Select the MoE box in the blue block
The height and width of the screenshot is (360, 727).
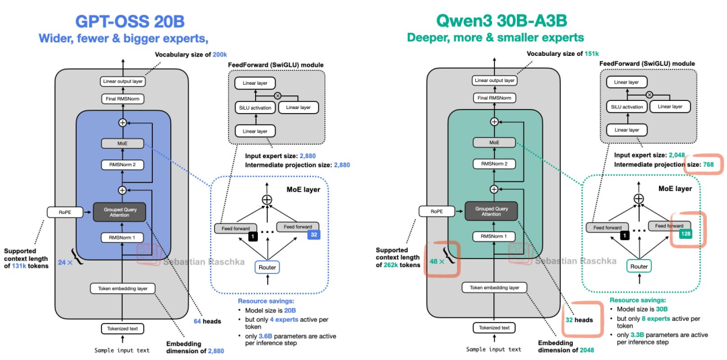pos(122,143)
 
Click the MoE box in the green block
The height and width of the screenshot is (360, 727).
pos(494,143)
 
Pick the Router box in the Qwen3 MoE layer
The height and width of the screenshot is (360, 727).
pos(638,266)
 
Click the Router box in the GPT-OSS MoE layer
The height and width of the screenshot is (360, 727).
pos(267,267)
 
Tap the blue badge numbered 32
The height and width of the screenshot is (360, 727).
pos(313,236)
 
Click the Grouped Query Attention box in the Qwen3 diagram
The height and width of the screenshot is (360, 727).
pos(494,210)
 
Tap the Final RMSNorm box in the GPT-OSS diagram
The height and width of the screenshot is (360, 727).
pos(122,98)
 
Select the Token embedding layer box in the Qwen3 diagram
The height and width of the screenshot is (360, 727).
pos(494,288)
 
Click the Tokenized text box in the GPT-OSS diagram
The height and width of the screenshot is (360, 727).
pos(122,328)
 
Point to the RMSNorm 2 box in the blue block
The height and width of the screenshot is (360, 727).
pos(122,164)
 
